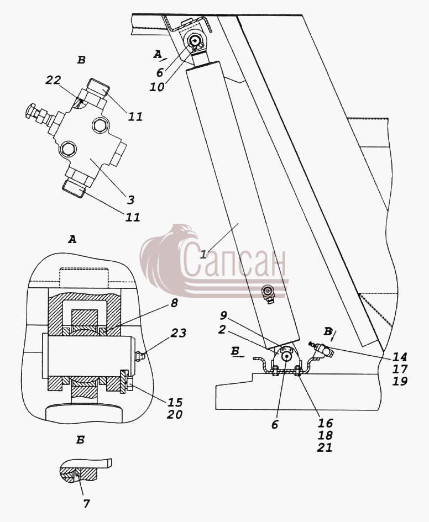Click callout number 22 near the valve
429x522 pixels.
(53, 80)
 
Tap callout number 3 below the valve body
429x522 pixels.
(130, 200)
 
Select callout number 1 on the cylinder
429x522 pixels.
(203, 254)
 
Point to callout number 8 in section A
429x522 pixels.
(175, 303)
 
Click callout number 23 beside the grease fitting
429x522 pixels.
(179, 333)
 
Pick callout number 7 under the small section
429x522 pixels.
(87, 504)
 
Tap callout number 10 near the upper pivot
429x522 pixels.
(157, 87)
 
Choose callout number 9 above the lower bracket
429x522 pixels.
(223, 315)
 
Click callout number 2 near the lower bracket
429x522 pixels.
(222, 330)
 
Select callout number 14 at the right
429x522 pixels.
(400, 357)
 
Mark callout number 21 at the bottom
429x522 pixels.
(325, 447)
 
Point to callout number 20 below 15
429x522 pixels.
(175, 414)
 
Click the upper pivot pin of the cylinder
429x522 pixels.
(194, 41)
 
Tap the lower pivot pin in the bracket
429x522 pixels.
(286, 356)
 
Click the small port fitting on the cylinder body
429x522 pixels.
(269, 293)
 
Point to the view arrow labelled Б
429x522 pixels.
(238, 354)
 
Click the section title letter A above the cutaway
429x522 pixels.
(72, 239)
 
